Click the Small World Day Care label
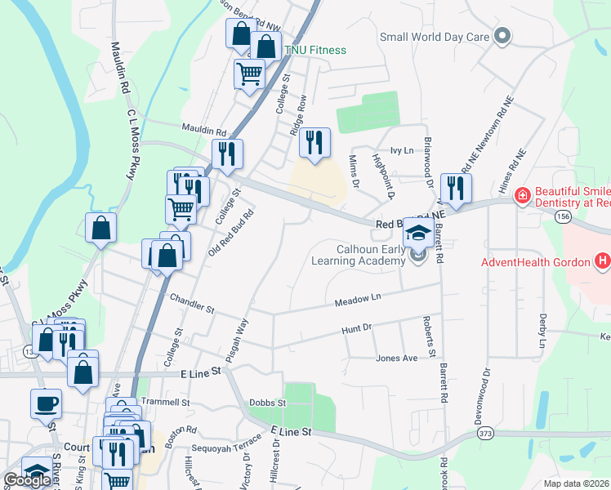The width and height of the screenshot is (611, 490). click(x=433, y=37)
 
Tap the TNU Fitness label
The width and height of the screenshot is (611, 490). click(x=314, y=50)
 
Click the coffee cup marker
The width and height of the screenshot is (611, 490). click(x=46, y=403)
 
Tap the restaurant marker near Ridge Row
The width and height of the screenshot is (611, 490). click(x=314, y=142)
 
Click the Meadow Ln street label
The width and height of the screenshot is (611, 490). click(x=358, y=301)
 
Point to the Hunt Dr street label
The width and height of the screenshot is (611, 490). click(x=356, y=328)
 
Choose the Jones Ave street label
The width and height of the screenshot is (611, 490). click(x=396, y=358)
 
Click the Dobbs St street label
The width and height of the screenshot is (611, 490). click(x=269, y=403)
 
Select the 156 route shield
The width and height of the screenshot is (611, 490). click(x=560, y=216)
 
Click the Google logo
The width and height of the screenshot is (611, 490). click(x=27, y=480)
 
